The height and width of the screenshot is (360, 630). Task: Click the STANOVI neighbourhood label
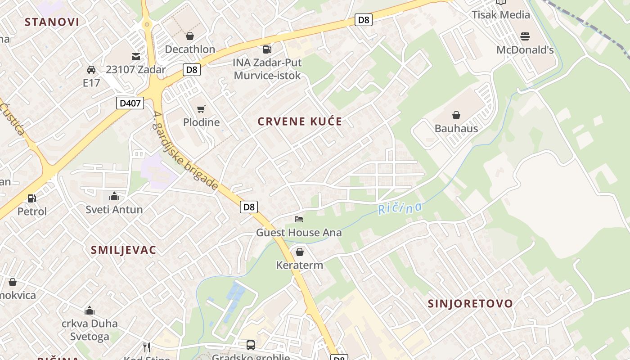(52, 22)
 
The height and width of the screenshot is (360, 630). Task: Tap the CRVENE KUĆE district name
(300, 121)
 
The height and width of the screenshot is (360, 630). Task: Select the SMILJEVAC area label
(123, 250)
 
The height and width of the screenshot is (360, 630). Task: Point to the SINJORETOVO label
(470, 303)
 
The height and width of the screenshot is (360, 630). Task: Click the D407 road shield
(130, 103)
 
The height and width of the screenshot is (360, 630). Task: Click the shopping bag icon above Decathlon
(190, 36)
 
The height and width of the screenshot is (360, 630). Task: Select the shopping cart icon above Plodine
(201, 109)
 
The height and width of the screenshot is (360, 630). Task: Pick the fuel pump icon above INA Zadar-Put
(267, 49)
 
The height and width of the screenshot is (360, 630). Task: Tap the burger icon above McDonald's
(525, 36)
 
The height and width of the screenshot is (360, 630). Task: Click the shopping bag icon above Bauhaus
(456, 115)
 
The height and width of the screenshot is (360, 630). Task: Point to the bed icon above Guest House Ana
(299, 219)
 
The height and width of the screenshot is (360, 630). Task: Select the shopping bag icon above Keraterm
(300, 252)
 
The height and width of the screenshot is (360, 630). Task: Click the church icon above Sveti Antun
(114, 196)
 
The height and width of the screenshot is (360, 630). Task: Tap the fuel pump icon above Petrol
(32, 198)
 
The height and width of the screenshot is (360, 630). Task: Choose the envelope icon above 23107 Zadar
(135, 57)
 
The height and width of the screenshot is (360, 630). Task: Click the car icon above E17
(91, 70)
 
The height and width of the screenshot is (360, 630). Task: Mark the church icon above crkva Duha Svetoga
(90, 310)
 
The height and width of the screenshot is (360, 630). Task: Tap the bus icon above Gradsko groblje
(251, 345)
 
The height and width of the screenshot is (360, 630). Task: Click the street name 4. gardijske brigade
(185, 151)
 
